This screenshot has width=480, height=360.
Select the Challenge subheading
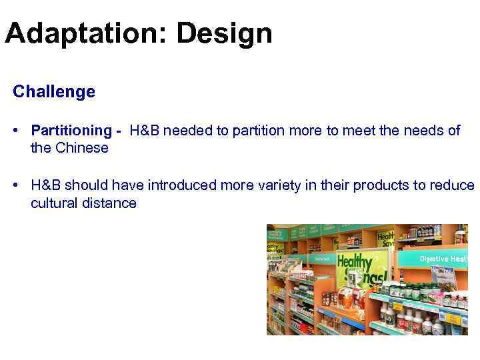(54, 91)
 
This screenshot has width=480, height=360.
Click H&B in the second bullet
(45, 185)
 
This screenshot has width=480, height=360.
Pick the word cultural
(54, 203)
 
